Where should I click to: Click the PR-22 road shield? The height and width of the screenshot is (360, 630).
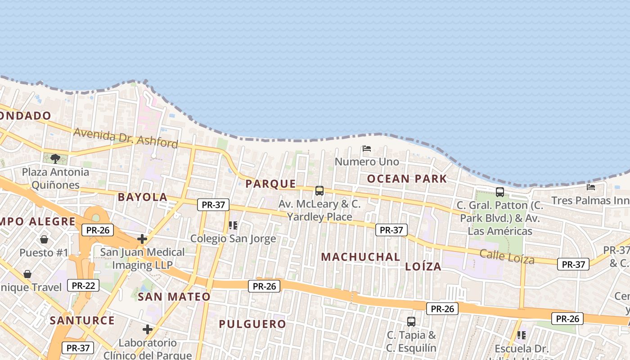[83, 285]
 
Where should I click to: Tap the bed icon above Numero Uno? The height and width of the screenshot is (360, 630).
[367, 148]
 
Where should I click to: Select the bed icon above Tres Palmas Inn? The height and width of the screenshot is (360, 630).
[591, 187]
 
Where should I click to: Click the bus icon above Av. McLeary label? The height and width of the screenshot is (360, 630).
[319, 191]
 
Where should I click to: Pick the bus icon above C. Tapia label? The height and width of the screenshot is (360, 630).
[411, 322]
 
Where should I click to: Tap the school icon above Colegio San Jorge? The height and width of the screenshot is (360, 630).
[233, 225]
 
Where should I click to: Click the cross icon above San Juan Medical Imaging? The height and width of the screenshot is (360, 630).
[142, 239]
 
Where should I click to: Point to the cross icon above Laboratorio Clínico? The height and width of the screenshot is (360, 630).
[148, 329]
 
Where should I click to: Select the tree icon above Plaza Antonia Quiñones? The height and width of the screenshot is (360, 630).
[55, 158]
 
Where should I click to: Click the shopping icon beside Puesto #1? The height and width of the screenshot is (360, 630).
[44, 239]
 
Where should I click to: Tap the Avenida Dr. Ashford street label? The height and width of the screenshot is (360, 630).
[126, 138]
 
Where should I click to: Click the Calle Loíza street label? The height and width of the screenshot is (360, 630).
[507, 256]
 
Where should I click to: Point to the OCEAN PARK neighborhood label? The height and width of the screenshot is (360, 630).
[407, 179]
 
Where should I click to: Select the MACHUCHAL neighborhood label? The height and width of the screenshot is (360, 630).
[360, 257]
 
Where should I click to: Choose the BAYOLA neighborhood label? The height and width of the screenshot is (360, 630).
[143, 197]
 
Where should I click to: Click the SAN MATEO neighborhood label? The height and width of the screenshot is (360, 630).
[174, 297]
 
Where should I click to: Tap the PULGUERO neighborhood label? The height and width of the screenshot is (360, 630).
[252, 324]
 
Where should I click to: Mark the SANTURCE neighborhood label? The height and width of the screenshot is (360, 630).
[82, 320]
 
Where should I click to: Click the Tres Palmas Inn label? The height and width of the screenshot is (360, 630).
[590, 200]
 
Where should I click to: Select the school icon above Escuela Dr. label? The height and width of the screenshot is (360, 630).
[522, 335]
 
